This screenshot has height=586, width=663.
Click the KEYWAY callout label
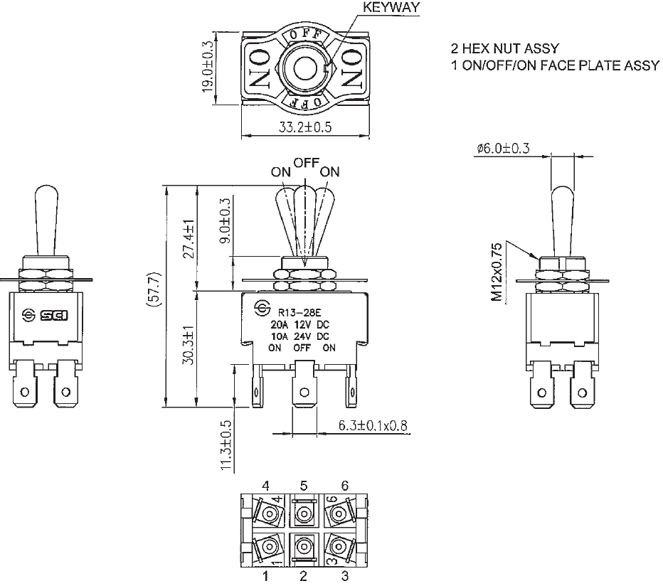coord(391,8)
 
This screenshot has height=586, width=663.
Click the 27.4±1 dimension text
coord(189,238)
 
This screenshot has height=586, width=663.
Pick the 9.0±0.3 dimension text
coord(226,221)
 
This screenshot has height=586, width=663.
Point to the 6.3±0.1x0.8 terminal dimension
coord(363,425)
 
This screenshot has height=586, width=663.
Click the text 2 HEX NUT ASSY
coord(505,48)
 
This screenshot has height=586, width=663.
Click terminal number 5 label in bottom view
coord(304,486)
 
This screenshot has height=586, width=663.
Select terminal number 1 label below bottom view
coord(265,576)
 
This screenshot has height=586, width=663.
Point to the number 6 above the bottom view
coord(345,486)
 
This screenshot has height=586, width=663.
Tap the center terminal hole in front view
coord(304,392)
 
